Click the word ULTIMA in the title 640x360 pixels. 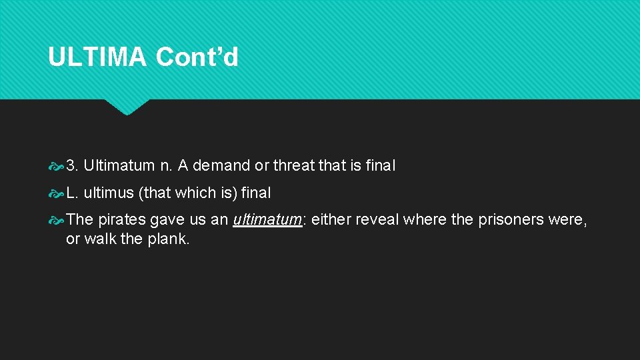click(x=97, y=57)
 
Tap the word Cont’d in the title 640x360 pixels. click(x=197, y=57)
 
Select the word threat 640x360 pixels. click(x=294, y=165)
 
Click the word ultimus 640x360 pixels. click(x=109, y=193)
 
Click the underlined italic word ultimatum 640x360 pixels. click(x=267, y=220)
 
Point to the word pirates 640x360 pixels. click(x=122, y=220)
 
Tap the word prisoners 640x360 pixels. click(x=511, y=220)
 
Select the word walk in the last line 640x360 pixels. click(x=100, y=239)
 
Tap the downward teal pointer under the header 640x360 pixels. click(x=127, y=107)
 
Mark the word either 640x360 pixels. click(x=331, y=220)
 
